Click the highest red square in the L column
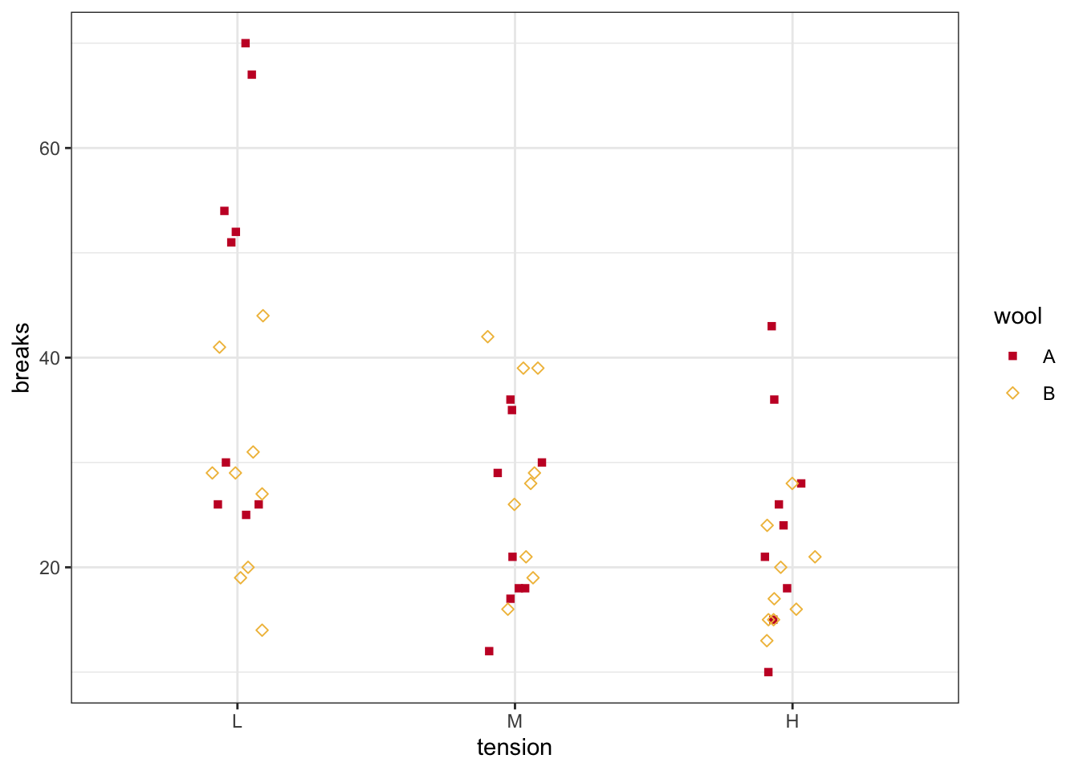[x=246, y=43]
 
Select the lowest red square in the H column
[x=768, y=672]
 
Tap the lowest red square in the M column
[x=489, y=651]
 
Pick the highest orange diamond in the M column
[x=487, y=337]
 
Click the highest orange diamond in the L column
[x=263, y=316]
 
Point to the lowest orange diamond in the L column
[x=262, y=630]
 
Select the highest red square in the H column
[x=772, y=326]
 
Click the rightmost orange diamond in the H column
[x=815, y=557]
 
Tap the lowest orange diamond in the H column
[x=767, y=641]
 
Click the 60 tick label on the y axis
[x=50, y=149]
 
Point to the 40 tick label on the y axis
[x=50, y=358]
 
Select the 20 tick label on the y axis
[x=50, y=568]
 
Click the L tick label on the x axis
[x=237, y=721]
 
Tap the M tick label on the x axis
[x=515, y=721]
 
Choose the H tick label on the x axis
[x=792, y=721]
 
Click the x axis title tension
[x=515, y=748]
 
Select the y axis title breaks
[x=22, y=358]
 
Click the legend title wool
[x=1018, y=316]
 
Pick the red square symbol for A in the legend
[x=1012, y=356]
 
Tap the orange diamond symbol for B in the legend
[x=1012, y=394]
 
